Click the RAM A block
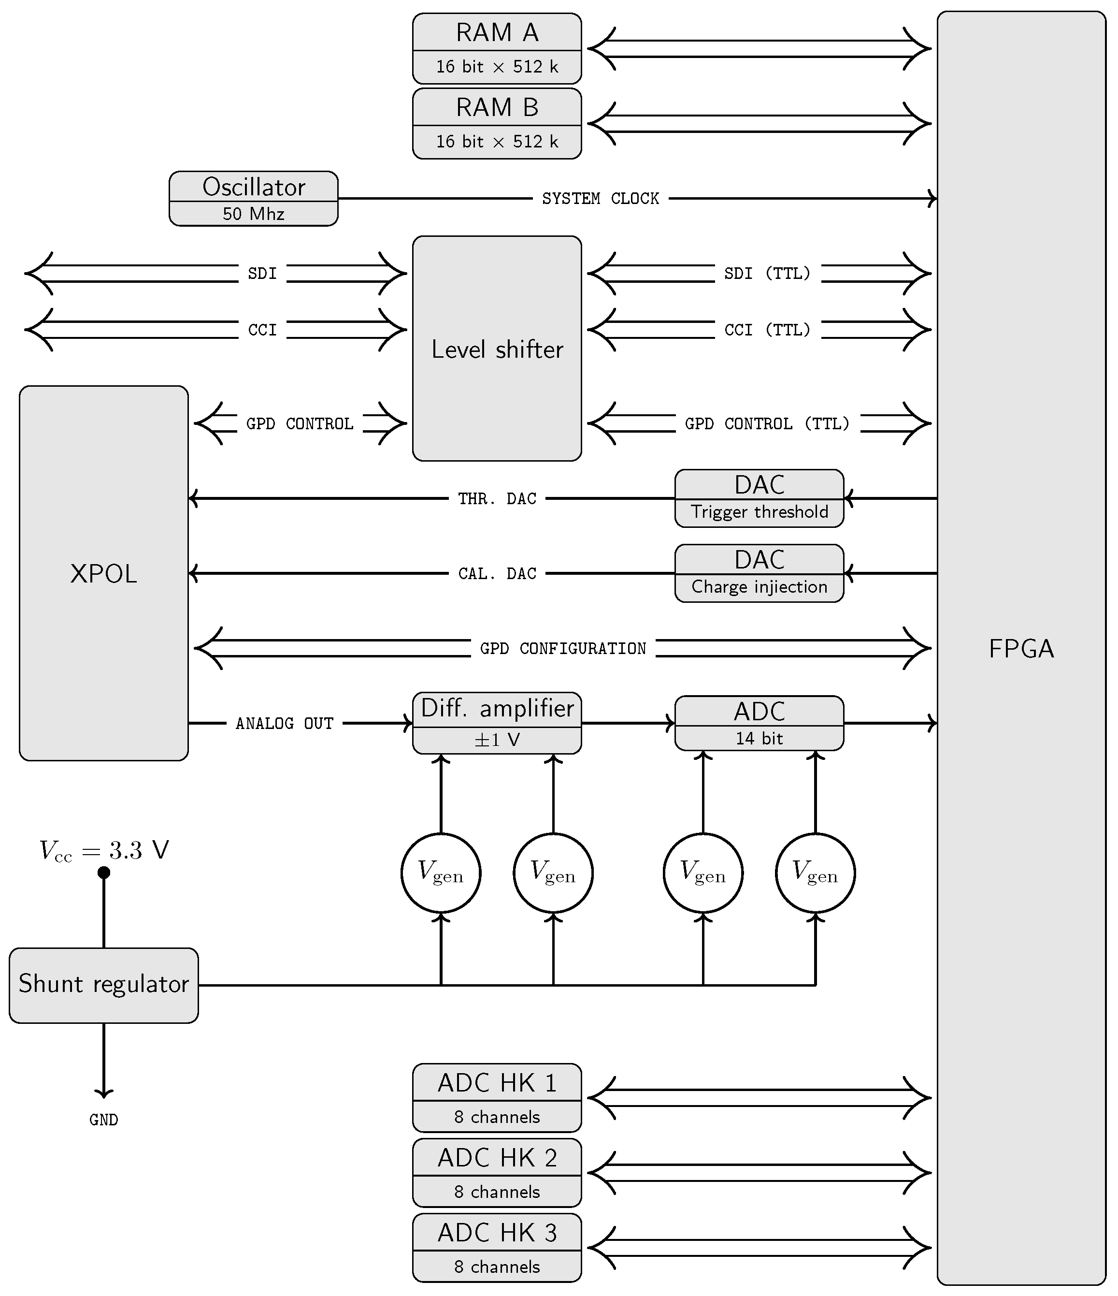point(497,48)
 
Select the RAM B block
point(497,123)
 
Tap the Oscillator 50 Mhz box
point(253,198)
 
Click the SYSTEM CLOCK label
point(600,198)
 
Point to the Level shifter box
point(497,349)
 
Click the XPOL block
point(103,573)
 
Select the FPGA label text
point(1021,649)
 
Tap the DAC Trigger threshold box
point(759,498)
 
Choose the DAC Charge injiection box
point(759,573)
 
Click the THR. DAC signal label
point(497,498)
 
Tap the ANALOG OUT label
point(284,723)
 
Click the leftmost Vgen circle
point(441,873)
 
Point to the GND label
point(103,1120)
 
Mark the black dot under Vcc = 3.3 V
point(104,872)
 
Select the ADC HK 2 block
point(497,1172)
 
